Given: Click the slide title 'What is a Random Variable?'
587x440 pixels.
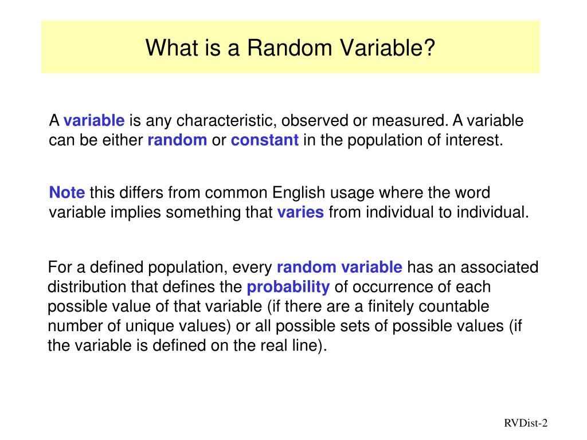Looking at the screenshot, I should tap(290, 48).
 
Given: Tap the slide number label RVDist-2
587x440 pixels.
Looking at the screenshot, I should tap(526, 423).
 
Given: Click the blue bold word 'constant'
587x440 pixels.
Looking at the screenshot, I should tap(265, 140).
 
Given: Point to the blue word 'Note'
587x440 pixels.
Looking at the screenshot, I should tap(66, 192).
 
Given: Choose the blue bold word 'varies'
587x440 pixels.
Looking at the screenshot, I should tap(300, 213).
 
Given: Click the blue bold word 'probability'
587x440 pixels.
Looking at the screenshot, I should tap(288, 287).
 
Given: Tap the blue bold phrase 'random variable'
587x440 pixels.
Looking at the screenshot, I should tap(339, 268).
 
